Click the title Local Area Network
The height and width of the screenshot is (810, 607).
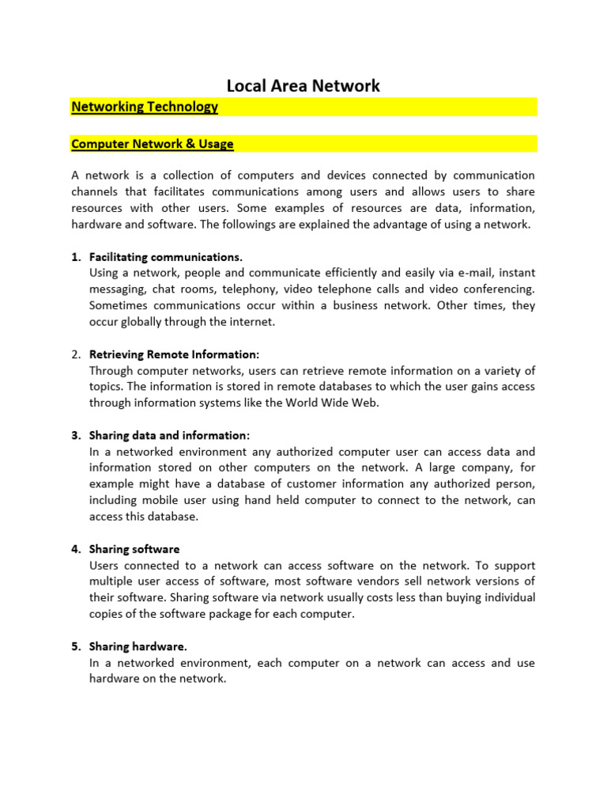click(x=303, y=85)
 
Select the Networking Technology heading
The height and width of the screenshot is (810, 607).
click(x=145, y=107)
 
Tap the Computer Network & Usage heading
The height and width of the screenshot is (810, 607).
click(x=153, y=144)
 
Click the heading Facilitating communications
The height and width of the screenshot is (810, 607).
click(x=166, y=257)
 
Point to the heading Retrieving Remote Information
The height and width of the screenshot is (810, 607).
click(x=174, y=354)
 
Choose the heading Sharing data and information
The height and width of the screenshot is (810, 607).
click(x=169, y=435)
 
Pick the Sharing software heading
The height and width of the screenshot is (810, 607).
click(x=134, y=549)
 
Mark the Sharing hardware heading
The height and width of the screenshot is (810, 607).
click(x=138, y=646)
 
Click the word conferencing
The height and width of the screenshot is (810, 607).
click(x=498, y=290)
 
